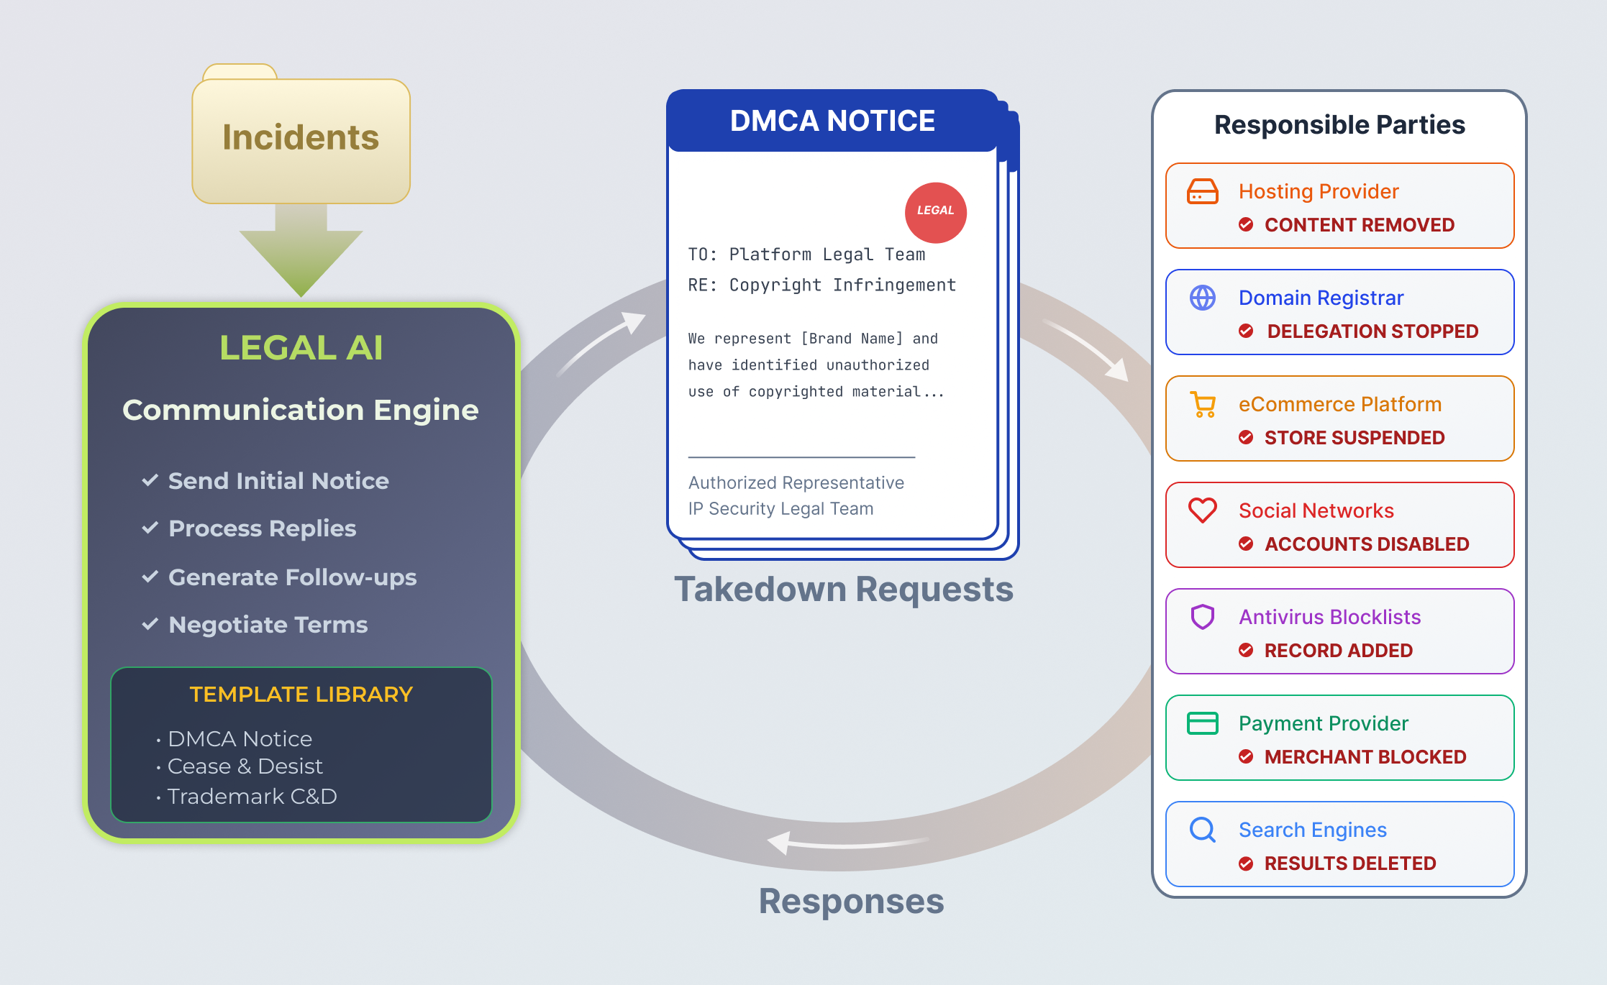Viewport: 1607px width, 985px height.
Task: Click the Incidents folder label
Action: [301, 137]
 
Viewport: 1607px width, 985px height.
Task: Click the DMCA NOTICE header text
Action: [832, 121]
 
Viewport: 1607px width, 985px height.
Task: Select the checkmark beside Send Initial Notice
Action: [150, 480]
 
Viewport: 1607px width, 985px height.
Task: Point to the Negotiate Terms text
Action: [268, 625]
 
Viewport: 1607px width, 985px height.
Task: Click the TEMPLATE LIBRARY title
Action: [301, 695]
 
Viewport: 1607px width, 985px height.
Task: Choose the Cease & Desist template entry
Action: [245, 766]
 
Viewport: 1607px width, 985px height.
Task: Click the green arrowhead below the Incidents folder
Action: [301, 262]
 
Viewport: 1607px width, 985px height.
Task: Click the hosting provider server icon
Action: [1202, 191]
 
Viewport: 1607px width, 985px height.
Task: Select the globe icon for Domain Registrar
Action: [1202, 298]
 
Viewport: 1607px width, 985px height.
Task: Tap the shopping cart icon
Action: [1203, 404]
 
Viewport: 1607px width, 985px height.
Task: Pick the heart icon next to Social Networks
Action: [1202, 510]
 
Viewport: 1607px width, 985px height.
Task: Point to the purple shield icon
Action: [1202, 617]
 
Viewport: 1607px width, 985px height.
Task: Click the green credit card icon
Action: [1202, 723]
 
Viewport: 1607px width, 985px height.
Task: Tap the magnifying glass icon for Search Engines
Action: [1202, 830]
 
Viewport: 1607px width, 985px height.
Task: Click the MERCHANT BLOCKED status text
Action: [1365, 757]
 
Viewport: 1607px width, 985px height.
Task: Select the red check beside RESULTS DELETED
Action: [1246, 863]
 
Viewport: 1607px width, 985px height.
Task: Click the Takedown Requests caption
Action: [844, 590]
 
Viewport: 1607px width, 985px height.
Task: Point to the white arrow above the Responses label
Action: [849, 842]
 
